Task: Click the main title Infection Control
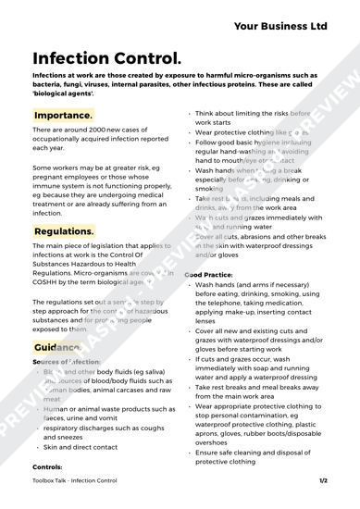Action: tap(110, 65)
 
